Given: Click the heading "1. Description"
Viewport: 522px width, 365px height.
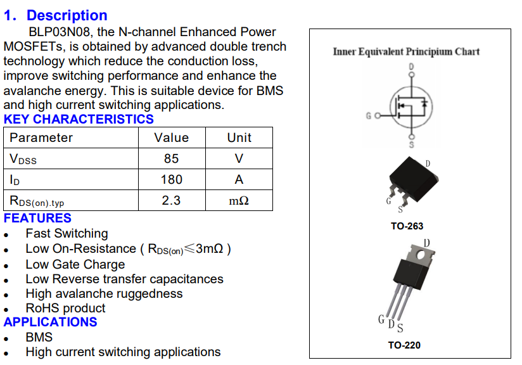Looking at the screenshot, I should (x=55, y=15).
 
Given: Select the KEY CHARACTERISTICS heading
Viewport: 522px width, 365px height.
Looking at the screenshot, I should (x=79, y=119).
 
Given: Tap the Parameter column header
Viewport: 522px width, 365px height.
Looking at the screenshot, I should (x=41, y=138).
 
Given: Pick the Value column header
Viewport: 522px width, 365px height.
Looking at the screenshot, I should (x=171, y=138).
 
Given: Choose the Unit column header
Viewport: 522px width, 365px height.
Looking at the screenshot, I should (x=239, y=138).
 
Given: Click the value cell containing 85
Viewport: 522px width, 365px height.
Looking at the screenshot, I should (x=171, y=158).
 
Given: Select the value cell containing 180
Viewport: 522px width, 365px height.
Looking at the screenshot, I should (x=171, y=179).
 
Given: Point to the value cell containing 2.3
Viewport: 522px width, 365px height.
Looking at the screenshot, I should (x=171, y=200).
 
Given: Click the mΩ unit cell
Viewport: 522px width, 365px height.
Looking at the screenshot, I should (x=239, y=201).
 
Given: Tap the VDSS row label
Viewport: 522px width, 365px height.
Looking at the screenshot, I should (x=23, y=159).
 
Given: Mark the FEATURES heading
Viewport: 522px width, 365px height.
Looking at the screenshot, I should (x=37, y=219).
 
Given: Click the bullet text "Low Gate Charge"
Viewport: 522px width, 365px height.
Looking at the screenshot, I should (x=75, y=264).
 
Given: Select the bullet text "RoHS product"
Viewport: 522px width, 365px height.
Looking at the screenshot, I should (x=65, y=309).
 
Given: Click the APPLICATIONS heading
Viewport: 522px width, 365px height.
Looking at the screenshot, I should (x=51, y=322).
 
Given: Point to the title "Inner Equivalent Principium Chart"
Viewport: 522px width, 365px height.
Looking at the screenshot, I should (x=406, y=51).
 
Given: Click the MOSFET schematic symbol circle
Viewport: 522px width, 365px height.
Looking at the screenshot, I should (x=411, y=106).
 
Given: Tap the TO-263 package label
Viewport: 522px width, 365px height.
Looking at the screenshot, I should (x=407, y=226).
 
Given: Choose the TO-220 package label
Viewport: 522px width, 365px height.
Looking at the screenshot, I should (x=404, y=345).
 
